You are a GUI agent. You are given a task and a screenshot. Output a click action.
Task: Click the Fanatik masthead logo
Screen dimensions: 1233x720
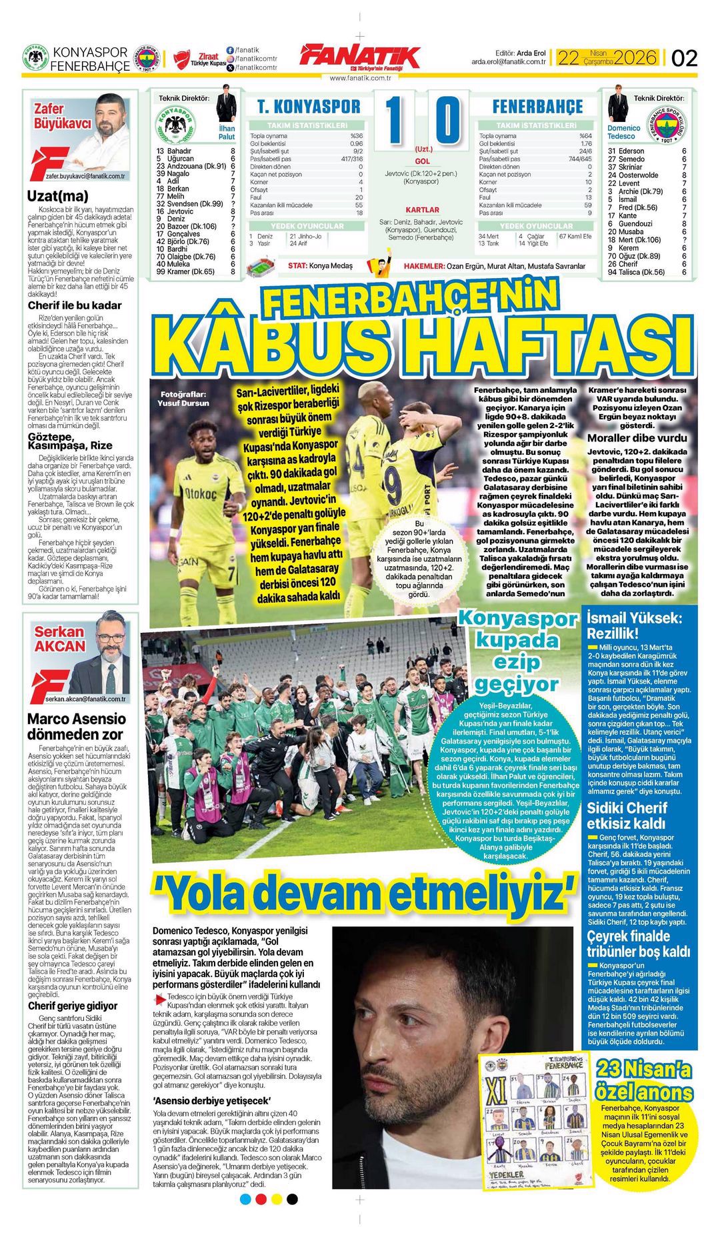tap(360, 58)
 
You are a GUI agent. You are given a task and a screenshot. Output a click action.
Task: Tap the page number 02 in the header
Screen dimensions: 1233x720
tap(685, 58)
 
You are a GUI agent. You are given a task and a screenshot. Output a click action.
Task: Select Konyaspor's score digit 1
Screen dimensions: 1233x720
tap(394, 121)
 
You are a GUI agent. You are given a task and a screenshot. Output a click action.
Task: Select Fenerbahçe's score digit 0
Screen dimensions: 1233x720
tap(447, 121)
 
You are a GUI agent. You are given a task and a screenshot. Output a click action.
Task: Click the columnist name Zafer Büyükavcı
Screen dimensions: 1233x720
tap(62, 116)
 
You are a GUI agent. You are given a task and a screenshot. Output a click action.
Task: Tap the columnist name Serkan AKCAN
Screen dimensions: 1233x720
tap(60, 638)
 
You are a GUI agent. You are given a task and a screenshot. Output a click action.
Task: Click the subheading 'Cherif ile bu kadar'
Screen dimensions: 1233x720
tap(75, 305)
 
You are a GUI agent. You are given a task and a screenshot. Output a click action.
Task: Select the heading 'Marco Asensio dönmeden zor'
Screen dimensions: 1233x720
tap(77, 726)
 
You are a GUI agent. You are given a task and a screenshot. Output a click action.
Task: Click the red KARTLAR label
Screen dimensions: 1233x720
tap(423, 209)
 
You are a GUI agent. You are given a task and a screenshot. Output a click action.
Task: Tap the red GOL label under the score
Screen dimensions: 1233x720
tap(423, 161)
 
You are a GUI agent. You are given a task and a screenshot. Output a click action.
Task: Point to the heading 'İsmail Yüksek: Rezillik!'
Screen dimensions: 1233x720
tap(634, 626)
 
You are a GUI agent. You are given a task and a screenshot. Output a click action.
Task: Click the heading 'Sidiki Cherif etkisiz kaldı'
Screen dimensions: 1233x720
tap(627, 816)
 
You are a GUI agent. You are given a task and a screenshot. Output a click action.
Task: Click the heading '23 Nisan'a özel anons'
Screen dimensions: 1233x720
tap(645, 1080)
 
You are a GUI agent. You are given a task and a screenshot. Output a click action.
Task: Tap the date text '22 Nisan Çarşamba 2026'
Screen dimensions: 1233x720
tap(607, 57)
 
